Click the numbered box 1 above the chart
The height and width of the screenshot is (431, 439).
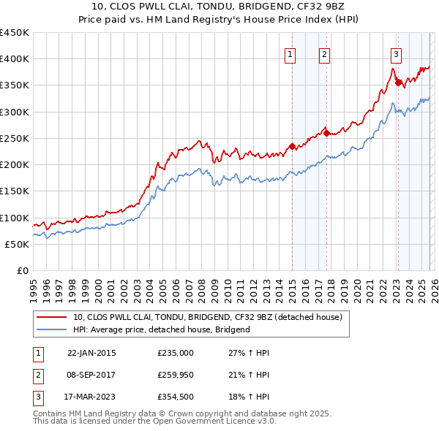point(290,53)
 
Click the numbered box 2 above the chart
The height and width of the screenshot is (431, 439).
point(324,53)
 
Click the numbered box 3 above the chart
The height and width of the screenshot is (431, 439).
point(396,53)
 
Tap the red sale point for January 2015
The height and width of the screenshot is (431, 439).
point(292,146)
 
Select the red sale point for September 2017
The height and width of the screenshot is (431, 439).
point(326,133)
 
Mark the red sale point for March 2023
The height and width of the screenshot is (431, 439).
point(398,83)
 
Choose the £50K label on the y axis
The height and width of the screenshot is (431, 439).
point(17,244)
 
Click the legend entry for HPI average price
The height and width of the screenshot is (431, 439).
point(162,329)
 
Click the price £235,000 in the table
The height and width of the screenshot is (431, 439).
point(176,353)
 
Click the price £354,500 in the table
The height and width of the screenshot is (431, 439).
point(176,398)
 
